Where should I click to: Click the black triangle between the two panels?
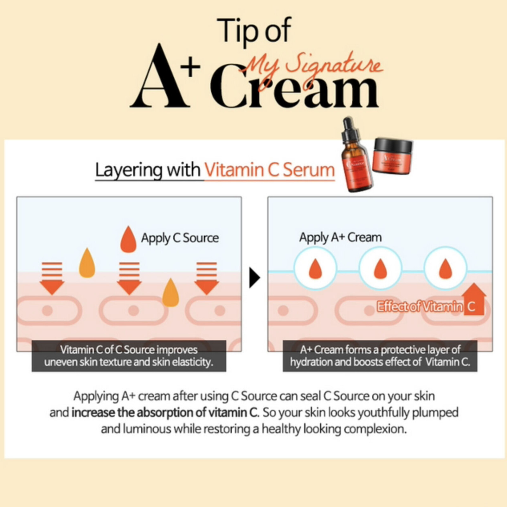point(254,278)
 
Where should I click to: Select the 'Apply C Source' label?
point(180,238)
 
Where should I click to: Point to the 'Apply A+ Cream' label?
point(340,237)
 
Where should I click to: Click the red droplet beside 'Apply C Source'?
point(128,240)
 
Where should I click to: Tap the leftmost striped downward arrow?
point(52,278)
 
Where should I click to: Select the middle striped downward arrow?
point(129,278)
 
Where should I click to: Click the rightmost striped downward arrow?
point(207,278)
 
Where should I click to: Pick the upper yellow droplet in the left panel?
point(87,263)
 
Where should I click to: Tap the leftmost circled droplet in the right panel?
point(316,268)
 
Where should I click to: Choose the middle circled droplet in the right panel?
point(381,268)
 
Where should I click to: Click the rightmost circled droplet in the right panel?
point(446,268)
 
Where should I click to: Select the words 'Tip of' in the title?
point(254,30)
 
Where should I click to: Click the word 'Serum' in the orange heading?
point(309,170)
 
